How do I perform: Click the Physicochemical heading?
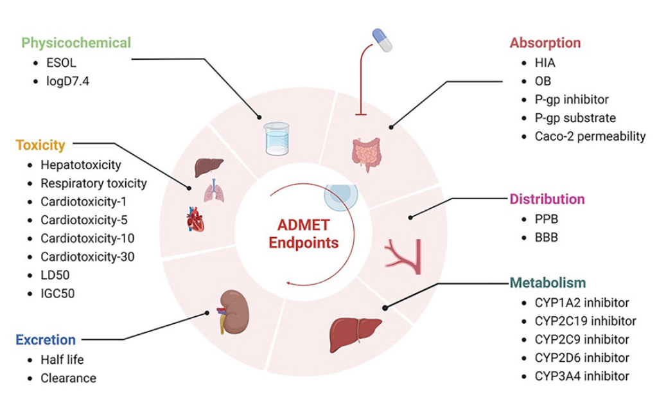76,43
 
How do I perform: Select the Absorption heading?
545,43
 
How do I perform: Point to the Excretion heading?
47,339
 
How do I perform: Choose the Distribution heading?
547,199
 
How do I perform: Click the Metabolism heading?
548,283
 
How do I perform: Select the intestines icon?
366,155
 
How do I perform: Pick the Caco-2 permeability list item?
590,136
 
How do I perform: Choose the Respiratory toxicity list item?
93,183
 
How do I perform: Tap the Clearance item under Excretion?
68,379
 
